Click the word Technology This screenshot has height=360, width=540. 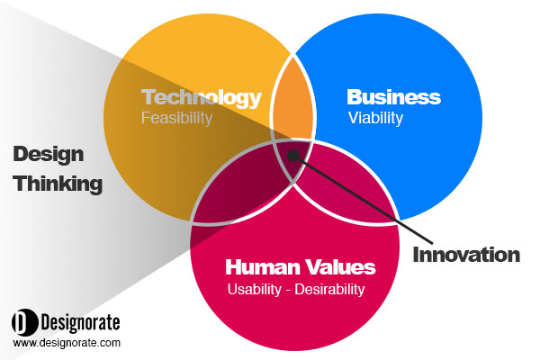click(x=202, y=98)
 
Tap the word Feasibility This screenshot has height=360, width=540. click(x=176, y=118)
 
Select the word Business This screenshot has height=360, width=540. click(x=393, y=97)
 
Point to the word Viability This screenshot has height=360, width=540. click(x=375, y=119)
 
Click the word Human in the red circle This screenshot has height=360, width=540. click(x=263, y=267)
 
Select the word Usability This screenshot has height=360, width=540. click(x=254, y=290)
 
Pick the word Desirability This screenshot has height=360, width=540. click(x=329, y=290)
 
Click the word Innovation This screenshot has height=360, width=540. click(x=466, y=255)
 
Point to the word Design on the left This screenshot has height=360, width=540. click(x=49, y=155)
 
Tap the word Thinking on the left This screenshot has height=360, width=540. click(x=58, y=184)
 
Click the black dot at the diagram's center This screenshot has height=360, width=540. click(x=293, y=156)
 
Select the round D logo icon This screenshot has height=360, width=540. click(x=25, y=322)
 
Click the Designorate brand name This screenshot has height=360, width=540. click(x=81, y=323)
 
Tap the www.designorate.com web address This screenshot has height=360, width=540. click(x=67, y=343)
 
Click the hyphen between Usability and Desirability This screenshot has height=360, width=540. click(x=288, y=291)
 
